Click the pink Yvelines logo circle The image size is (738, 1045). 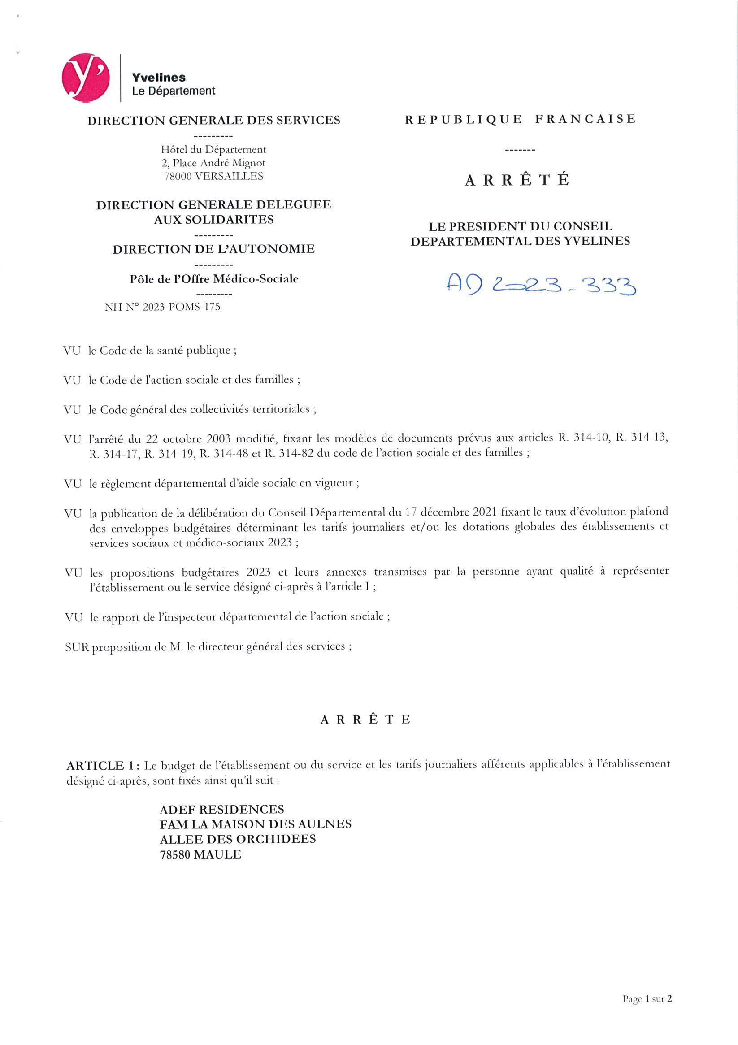(86, 78)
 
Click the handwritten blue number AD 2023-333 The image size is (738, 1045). (541, 286)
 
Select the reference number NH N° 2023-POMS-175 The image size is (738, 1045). (163, 307)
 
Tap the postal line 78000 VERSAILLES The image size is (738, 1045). (213, 176)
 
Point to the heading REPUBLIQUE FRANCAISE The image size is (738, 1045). (520, 119)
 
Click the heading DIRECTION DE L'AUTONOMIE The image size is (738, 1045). (213, 249)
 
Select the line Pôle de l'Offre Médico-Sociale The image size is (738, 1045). (214, 278)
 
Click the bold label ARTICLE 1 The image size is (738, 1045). (101, 766)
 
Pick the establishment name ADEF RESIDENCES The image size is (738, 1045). (222, 809)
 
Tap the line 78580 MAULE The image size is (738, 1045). (200, 854)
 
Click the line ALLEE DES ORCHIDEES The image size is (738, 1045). (238, 839)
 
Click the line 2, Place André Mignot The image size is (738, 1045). (213, 162)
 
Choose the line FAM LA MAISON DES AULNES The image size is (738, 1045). (256, 824)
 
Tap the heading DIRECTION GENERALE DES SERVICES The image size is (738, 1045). (213, 121)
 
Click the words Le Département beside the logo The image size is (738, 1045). (174, 91)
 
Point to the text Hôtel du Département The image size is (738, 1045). (213, 149)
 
